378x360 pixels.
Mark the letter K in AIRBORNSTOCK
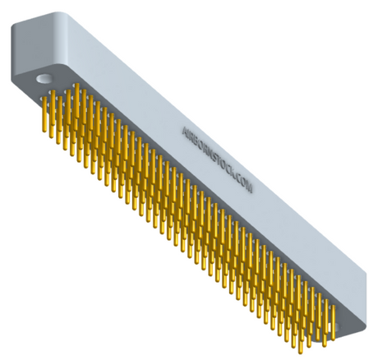click(232, 172)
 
